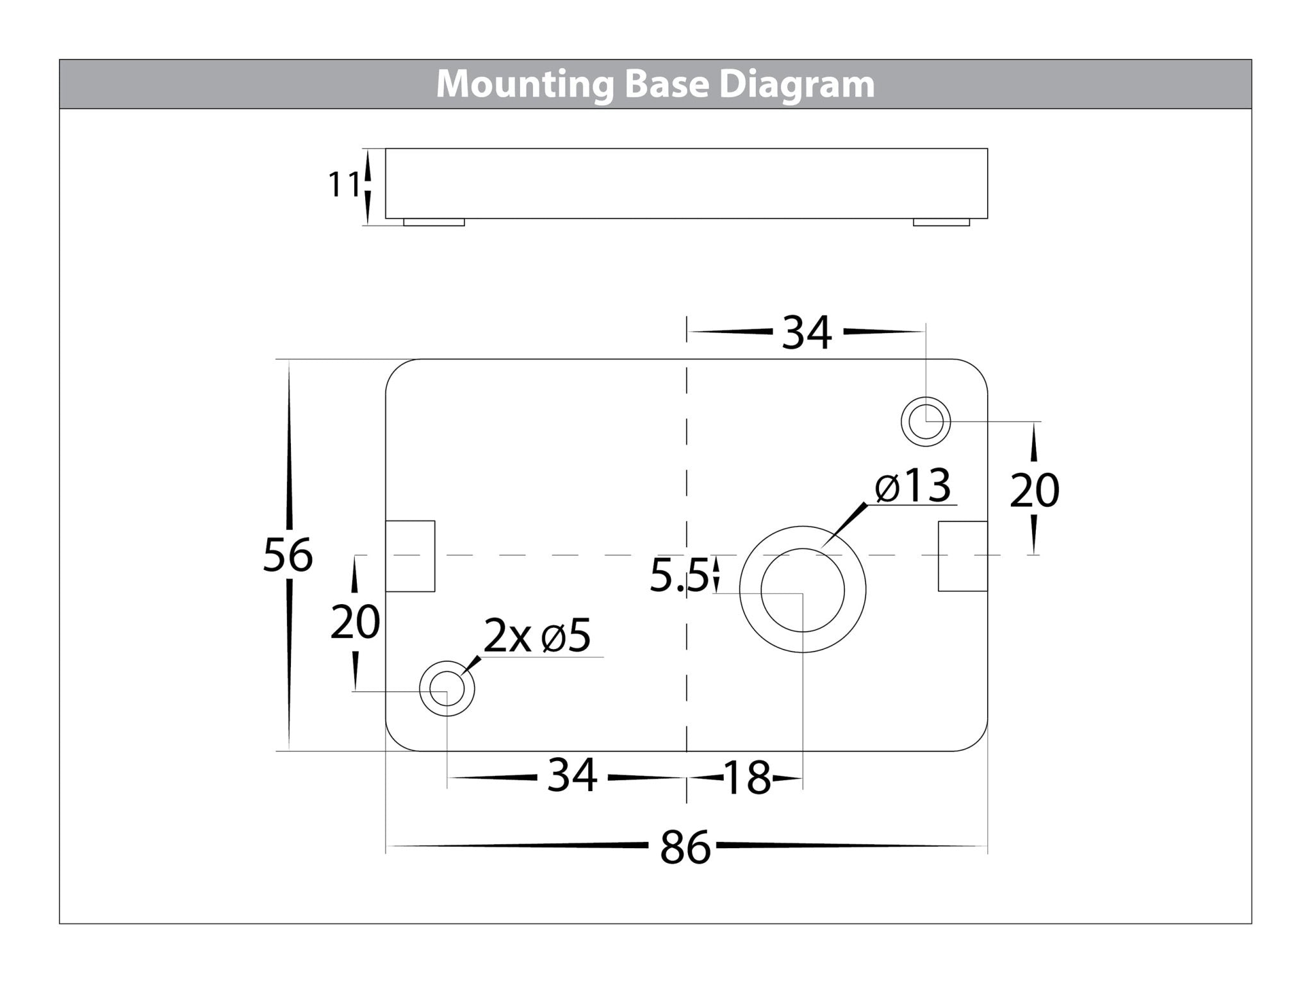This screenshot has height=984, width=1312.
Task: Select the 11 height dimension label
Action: [344, 185]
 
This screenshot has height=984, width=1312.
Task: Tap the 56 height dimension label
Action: [288, 555]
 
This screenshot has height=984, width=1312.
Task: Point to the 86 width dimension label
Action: [685, 847]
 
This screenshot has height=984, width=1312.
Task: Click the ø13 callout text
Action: [913, 486]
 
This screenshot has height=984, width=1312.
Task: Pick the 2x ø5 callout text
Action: [537, 636]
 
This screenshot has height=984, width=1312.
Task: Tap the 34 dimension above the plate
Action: [807, 332]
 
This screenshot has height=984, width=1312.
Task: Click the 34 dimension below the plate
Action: [572, 775]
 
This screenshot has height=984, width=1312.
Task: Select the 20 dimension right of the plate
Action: [1034, 491]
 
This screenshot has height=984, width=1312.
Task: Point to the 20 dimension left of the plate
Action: [355, 622]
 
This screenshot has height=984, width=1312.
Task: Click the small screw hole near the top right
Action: [926, 422]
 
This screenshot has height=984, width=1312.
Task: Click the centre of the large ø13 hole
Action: [802, 590]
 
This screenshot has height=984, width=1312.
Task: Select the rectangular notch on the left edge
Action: [410, 555]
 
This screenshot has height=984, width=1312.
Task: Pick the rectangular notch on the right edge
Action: [962, 555]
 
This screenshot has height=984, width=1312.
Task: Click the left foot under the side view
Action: [434, 222]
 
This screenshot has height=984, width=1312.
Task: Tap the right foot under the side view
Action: [941, 222]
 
